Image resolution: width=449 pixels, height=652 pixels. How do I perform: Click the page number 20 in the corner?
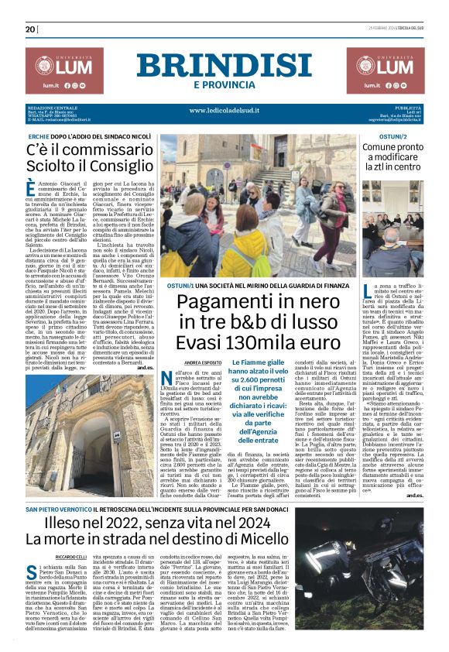(x=31, y=29)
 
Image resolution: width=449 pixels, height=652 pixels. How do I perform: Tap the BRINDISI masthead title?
(x=224, y=66)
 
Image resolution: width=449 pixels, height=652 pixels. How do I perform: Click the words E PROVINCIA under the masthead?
(x=224, y=84)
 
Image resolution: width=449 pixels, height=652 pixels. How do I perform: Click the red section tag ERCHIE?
(x=39, y=136)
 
